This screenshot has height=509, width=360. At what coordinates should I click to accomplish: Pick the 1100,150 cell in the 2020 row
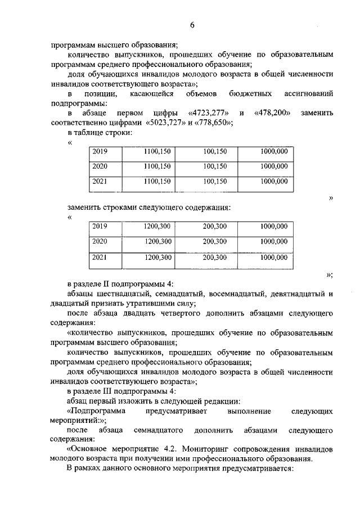157,166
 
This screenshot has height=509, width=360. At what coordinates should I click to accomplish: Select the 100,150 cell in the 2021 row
215,181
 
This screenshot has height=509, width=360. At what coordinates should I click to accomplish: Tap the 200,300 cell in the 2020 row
214,241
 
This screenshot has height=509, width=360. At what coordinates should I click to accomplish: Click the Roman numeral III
105,391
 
